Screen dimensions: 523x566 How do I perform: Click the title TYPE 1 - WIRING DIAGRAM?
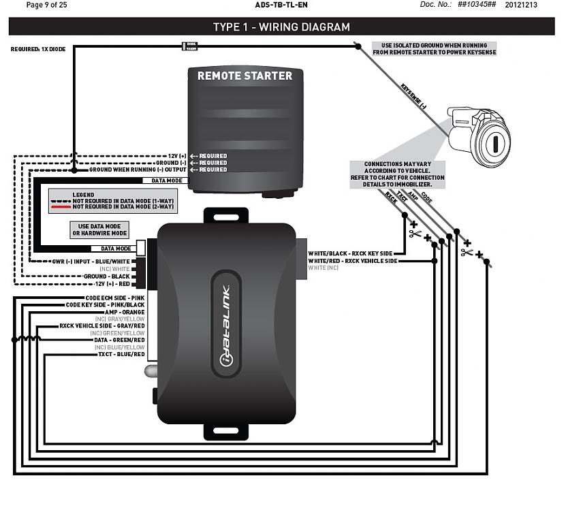[x=281, y=27]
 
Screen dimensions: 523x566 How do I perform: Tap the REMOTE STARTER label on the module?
[x=245, y=76]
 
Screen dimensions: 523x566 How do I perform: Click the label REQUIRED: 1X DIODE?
[x=38, y=49]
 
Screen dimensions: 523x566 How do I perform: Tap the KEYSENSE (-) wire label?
[x=413, y=97]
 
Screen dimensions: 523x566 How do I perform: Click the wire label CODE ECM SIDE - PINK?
[x=115, y=298]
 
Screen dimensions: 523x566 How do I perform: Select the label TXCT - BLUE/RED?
[x=121, y=354]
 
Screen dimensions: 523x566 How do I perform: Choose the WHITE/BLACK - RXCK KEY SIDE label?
[x=351, y=253]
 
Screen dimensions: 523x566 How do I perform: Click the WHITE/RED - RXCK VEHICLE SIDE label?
[x=353, y=261]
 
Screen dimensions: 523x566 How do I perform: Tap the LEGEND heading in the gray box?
[x=84, y=195]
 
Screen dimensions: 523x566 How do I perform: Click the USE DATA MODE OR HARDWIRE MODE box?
[x=99, y=229]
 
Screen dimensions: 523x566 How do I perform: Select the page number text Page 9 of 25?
[x=46, y=5]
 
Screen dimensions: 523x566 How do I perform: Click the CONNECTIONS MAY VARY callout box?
[x=397, y=174]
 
